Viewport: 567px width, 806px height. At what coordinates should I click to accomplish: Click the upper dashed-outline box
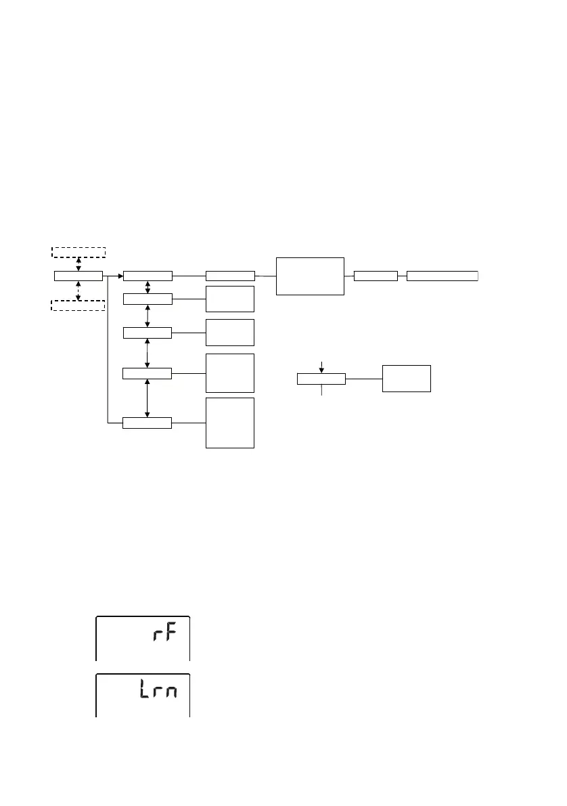point(78,253)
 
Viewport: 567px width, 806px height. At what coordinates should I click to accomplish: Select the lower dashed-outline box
point(78,305)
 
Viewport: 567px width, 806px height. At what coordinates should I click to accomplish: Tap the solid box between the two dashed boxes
point(78,276)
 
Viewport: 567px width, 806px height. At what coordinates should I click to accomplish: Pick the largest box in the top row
point(310,276)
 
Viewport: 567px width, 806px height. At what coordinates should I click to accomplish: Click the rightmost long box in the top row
point(442,276)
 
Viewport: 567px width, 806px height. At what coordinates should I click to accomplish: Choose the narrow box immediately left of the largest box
point(230,276)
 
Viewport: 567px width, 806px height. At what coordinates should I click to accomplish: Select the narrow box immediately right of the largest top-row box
point(376,276)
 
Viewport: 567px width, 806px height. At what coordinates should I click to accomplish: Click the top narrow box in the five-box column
point(148,276)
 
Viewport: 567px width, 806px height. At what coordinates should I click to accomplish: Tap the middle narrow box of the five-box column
point(148,333)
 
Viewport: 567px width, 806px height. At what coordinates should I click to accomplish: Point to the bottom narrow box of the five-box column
point(148,423)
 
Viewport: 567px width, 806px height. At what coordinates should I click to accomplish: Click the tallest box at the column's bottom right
point(230,423)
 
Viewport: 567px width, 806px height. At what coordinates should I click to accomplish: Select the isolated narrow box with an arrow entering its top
point(321,379)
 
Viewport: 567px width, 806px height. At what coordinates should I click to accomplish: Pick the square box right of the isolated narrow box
point(407,378)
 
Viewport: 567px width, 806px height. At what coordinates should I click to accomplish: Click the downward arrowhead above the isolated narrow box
point(321,370)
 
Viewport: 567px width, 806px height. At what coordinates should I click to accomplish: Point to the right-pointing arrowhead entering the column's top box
point(120,276)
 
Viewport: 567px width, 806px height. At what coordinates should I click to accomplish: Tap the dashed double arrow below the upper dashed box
point(78,264)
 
